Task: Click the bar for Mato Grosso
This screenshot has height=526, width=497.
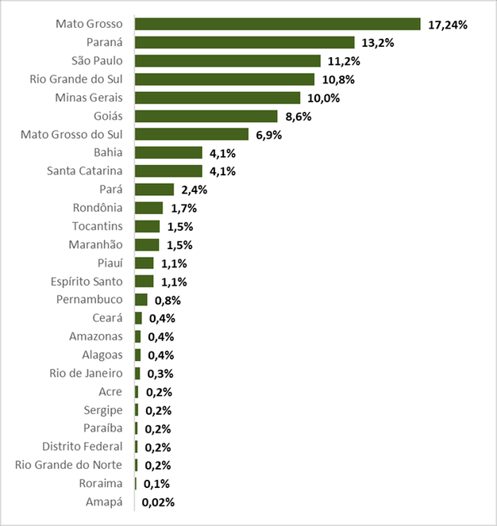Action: [x=277, y=24]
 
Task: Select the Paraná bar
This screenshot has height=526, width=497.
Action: [x=245, y=42]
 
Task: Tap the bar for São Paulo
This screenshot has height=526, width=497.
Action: [x=228, y=61]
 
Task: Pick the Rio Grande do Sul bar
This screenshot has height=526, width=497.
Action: [x=225, y=79]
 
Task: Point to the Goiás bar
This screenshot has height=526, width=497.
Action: [x=206, y=116]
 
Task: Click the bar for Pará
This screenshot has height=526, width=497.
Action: [x=154, y=190]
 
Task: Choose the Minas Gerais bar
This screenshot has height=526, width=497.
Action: [x=218, y=98]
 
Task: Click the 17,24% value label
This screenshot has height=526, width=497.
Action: [x=448, y=25]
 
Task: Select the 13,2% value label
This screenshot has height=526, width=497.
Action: [x=379, y=43]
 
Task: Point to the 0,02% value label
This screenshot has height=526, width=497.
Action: [x=158, y=502]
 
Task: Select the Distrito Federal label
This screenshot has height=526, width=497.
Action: [x=83, y=446]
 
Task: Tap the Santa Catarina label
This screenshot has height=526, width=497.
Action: [x=85, y=171]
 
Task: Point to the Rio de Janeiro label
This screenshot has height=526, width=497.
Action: [x=86, y=373]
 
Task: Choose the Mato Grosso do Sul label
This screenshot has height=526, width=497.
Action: [x=71, y=134]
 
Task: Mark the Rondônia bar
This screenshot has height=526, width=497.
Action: [x=148, y=208]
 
